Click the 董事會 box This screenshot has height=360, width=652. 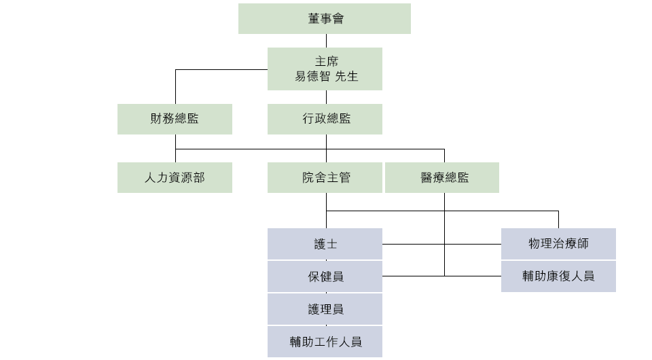click(x=325, y=19)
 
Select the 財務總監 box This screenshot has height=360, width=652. click(x=175, y=119)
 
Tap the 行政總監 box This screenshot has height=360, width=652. click(x=325, y=119)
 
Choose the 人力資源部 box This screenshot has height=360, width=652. click(x=175, y=177)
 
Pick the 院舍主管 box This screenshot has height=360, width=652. click(x=325, y=177)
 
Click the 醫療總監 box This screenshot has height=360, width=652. click(x=442, y=177)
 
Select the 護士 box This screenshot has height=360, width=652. click(x=325, y=244)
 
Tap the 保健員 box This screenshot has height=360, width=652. click(x=325, y=276)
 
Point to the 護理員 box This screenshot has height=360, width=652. click(x=325, y=309)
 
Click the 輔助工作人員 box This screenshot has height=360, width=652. click(x=325, y=342)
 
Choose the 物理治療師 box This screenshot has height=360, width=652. click(x=558, y=244)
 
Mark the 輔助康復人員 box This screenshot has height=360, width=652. click(x=558, y=276)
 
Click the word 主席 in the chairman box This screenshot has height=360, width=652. click(x=327, y=62)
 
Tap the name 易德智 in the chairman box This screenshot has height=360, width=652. click(x=312, y=76)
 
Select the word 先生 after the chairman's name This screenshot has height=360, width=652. click(x=346, y=76)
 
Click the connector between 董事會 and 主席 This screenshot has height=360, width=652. click(x=327, y=41)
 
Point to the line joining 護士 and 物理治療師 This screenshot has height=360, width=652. click(x=441, y=244)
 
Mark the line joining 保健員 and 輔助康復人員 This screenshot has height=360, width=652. click(x=441, y=276)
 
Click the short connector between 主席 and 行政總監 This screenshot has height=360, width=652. click(x=327, y=97)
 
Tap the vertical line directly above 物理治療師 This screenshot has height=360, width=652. click(x=558, y=219)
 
